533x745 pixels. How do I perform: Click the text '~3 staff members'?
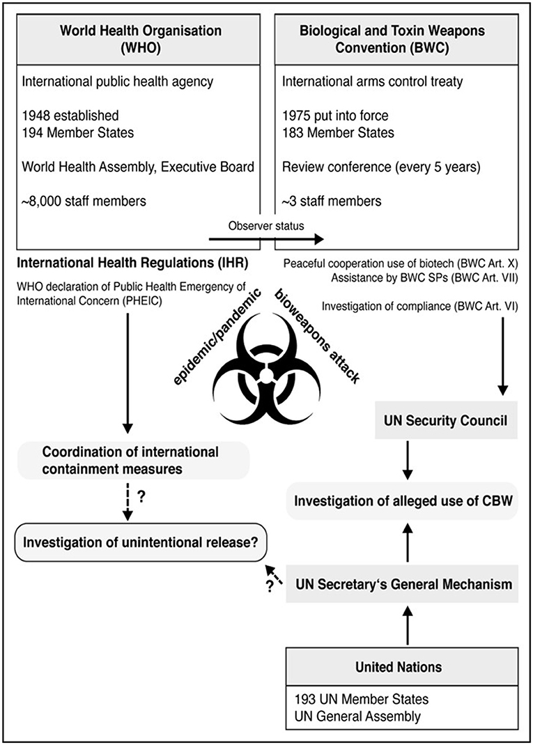pos(332,201)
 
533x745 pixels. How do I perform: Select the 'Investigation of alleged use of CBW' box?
pos(403,500)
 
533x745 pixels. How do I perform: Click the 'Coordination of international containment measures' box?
pos(132,461)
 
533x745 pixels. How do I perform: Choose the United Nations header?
pos(403,666)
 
